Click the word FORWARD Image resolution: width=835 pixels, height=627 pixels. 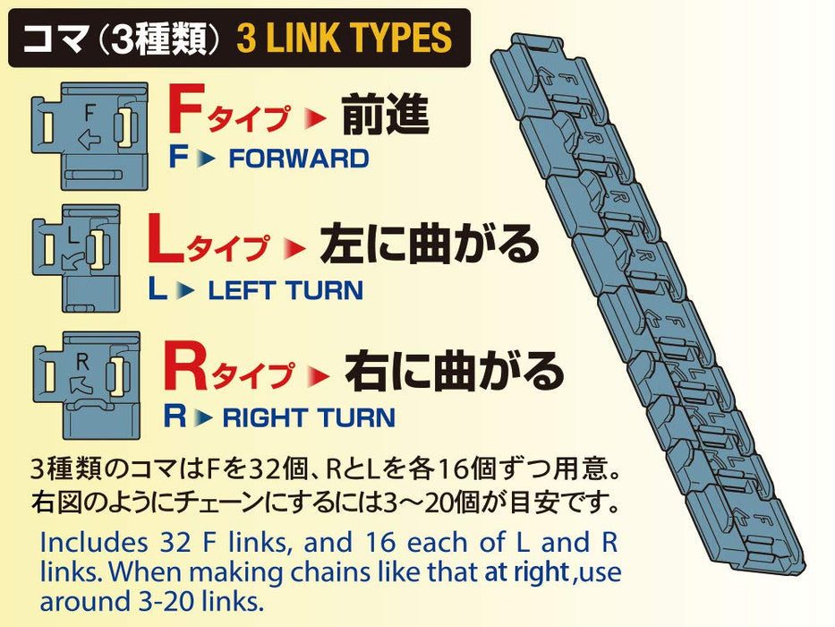pyautogui.click(x=298, y=159)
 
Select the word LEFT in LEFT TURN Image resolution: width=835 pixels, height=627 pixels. pyautogui.click(x=240, y=290)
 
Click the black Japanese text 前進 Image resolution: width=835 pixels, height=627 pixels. pyautogui.click(x=385, y=116)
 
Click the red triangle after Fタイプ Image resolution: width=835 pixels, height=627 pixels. pyautogui.click(x=307, y=118)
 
